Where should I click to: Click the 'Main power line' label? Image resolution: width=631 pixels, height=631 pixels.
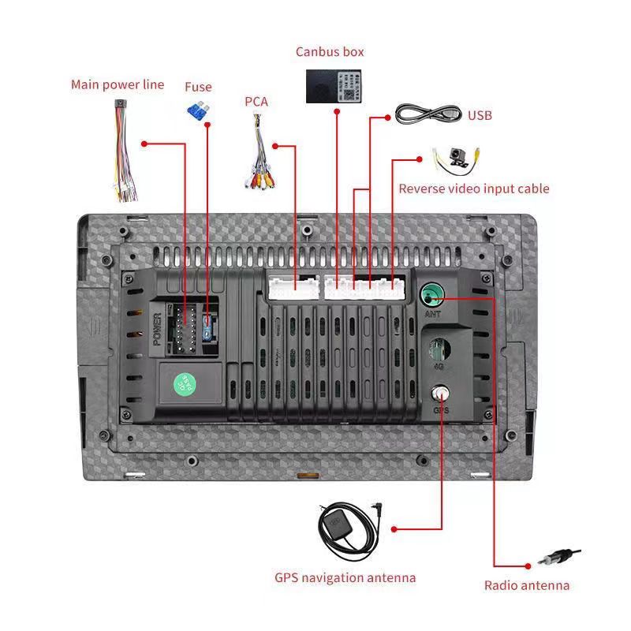118,84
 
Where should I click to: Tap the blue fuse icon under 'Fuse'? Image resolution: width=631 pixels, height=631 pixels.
197,110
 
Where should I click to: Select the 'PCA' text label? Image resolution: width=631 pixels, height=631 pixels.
256,101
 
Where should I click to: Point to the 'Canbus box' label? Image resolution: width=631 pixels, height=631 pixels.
330,52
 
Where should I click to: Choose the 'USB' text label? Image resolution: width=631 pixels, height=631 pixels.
480,116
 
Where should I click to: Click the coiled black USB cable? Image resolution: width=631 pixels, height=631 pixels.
428,114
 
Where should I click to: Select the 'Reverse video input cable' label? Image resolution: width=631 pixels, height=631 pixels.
473,189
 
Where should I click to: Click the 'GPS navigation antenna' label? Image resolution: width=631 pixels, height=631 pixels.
345,577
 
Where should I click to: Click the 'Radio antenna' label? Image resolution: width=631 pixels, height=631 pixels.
526,585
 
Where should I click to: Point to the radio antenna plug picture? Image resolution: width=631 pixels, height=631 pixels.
559,558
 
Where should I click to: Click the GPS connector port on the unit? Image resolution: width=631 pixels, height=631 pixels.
440,394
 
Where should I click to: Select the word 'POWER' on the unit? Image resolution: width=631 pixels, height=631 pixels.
157,330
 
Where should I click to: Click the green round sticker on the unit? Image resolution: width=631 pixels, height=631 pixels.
185,384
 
